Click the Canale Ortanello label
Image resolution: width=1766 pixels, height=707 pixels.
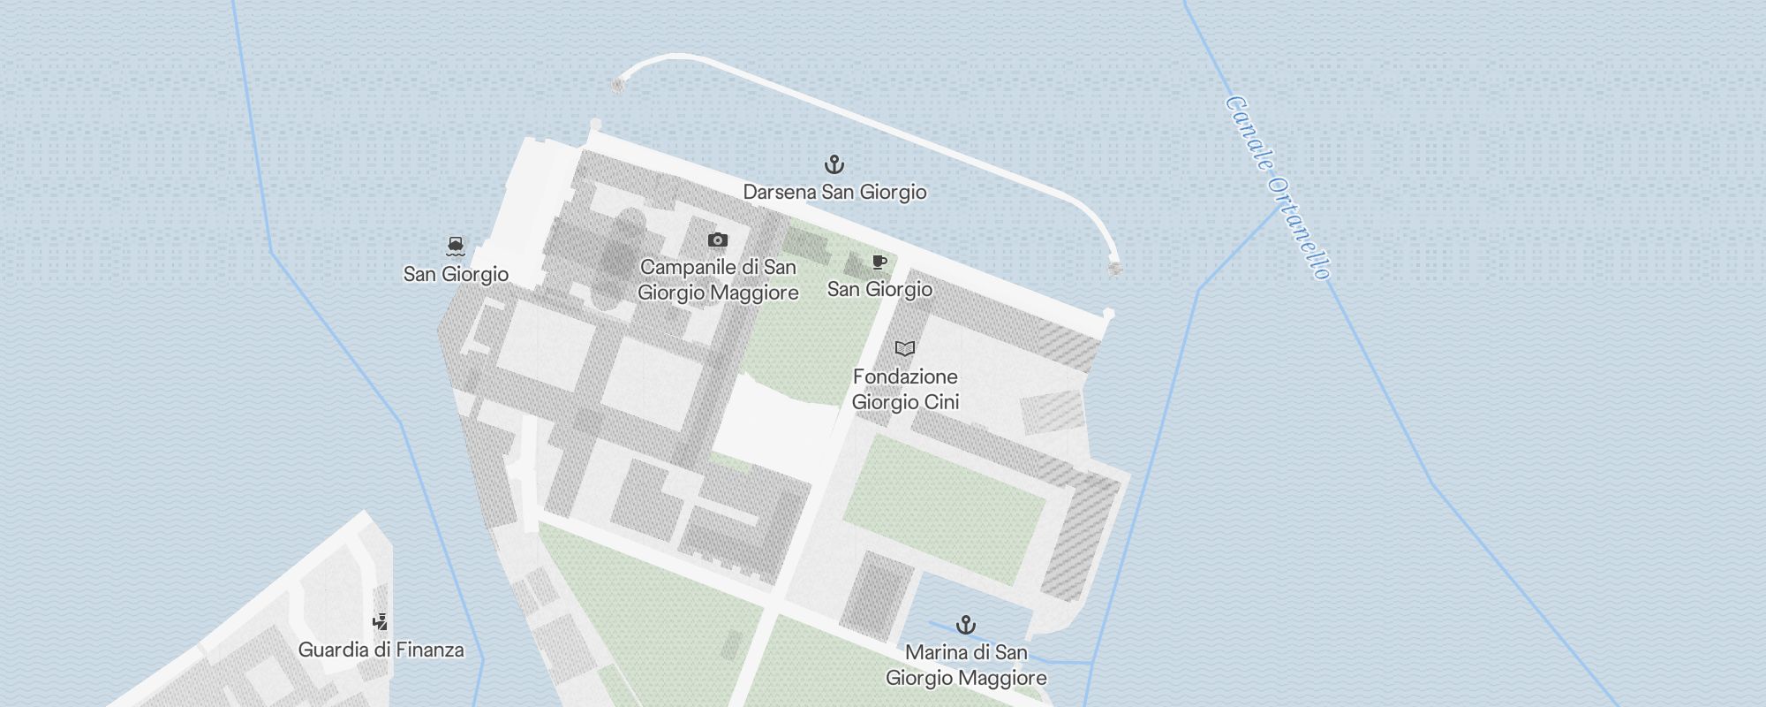[x=1278, y=187]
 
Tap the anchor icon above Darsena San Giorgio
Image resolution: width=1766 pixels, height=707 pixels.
[x=834, y=164]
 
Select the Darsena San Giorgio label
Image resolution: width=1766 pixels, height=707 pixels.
[x=834, y=192]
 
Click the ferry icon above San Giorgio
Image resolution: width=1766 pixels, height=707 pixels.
[x=456, y=246]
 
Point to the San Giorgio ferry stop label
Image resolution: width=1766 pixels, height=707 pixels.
[x=456, y=274]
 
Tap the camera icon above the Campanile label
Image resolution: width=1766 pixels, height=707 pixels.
[x=718, y=239]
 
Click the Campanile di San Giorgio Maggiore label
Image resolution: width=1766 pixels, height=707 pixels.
[x=718, y=279]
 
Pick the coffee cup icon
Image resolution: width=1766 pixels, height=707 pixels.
[x=879, y=262]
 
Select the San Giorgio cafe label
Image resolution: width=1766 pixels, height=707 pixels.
[x=879, y=289]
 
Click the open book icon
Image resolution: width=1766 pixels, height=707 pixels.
[x=904, y=348]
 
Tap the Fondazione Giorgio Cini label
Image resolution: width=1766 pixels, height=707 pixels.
[x=905, y=389]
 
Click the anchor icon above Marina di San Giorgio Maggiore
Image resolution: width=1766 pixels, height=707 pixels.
[x=966, y=626]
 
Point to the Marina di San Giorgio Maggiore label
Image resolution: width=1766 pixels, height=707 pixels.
[x=966, y=665]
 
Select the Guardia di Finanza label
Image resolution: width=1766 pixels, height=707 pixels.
[x=381, y=650]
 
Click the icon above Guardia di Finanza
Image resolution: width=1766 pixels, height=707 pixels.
[x=380, y=622]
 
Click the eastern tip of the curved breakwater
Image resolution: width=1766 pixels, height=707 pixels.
[x=1114, y=268]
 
